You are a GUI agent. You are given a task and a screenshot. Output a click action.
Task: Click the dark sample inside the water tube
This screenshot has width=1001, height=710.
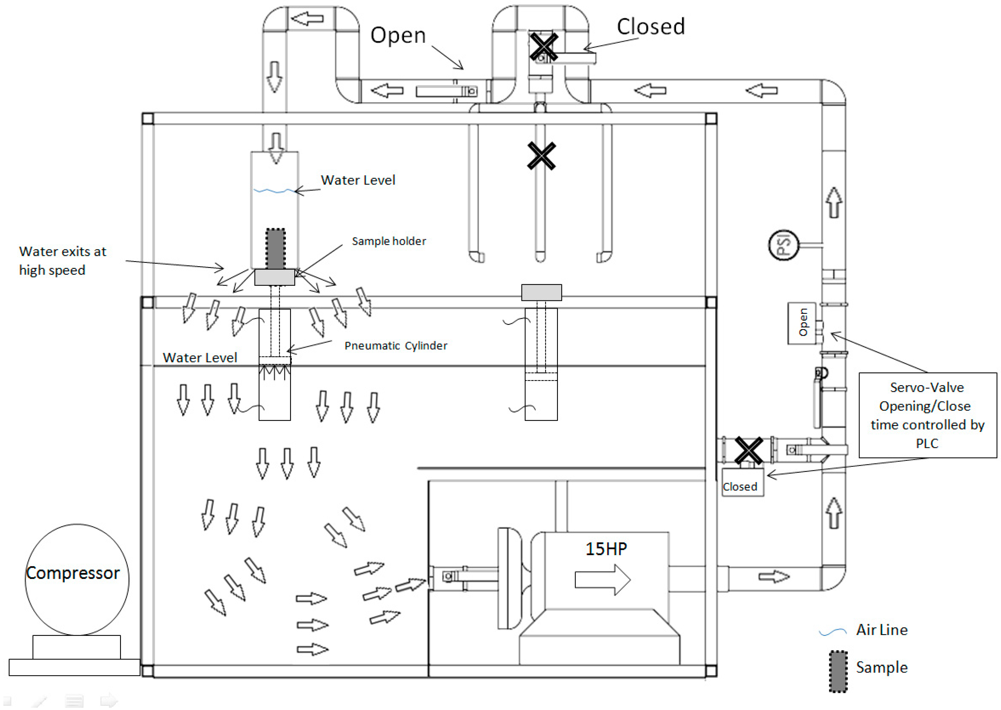pyautogui.click(x=275, y=249)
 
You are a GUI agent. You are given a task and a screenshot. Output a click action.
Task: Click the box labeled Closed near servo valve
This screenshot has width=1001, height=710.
pyautogui.click(x=742, y=482)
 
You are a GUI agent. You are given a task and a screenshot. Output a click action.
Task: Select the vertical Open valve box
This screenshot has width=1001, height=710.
pyautogui.click(x=802, y=323)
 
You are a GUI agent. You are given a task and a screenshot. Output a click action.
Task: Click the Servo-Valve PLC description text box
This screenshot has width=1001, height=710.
pyautogui.click(x=927, y=415)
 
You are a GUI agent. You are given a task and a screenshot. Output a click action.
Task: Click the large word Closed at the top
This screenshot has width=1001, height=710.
pyautogui.click(x=650, y=27)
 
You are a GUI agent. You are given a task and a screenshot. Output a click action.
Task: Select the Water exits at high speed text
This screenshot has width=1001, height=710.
pyautogui.click(x=63, y=261)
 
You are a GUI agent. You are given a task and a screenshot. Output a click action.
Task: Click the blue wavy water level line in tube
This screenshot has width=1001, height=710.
pyautogui.click(x=275, y=191)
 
